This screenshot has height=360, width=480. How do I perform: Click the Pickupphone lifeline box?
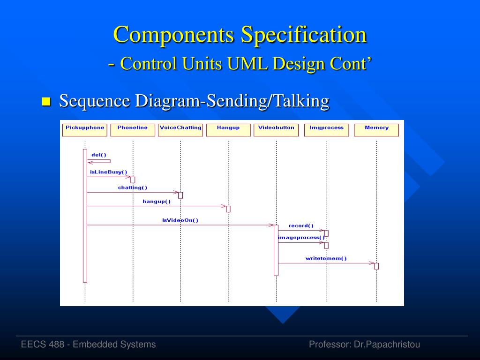(x=85, y=130)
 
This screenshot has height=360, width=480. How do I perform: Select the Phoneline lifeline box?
(x=133, y=130)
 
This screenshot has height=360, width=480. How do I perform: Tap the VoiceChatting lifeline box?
(x=180, y=130)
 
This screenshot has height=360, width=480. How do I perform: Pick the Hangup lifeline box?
(x=228, y=130)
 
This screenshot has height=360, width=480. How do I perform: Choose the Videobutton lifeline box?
(x=276, y=130)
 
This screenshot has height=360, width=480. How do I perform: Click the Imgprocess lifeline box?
(x=326, y=130)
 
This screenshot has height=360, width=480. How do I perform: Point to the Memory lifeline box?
(x=376, y=130)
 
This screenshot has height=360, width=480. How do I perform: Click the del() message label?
(x=99, y=155)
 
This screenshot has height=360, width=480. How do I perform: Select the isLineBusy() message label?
(x=108, y=172)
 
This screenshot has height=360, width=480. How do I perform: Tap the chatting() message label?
(x=133, y=187)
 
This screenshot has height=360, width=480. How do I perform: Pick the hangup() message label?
(x=157, y=202)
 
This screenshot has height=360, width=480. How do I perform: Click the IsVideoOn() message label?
(x=180, y=220)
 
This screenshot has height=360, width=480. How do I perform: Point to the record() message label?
(x=301, y=226)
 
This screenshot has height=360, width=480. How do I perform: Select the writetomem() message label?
(x=326, y=258)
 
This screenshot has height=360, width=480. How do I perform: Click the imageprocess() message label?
(x=301, y=238)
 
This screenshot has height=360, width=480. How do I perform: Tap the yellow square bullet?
(x=46, y=101)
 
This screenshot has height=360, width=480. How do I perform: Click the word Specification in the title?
(x=303, y=35)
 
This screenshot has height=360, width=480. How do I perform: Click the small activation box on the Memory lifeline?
(x=376, y=266)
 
